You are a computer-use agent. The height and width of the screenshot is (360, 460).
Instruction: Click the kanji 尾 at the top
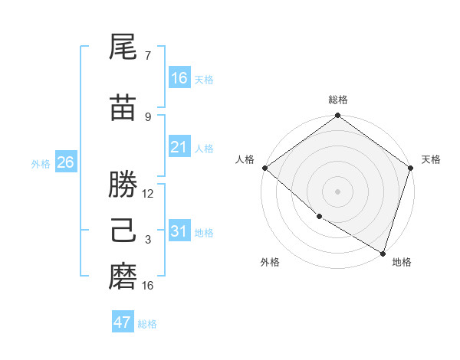[x=123, y=49]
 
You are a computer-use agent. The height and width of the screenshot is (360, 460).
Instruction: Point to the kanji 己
[x=123, y=231]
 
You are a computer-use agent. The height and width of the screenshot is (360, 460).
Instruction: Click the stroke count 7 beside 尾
[x=148, y=56]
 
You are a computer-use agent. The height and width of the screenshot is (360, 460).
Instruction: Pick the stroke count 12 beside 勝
[x=149, y=193]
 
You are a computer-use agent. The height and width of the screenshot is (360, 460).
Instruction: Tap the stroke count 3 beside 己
[x=148, y=240]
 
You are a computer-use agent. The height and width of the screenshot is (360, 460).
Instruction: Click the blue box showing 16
[x=179, y=78]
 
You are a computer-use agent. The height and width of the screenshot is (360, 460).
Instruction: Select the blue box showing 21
[x=179, y=147]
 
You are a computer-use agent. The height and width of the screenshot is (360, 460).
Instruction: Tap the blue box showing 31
[x=179, y=231]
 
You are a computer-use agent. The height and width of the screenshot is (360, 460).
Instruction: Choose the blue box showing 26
[x=65, y=162]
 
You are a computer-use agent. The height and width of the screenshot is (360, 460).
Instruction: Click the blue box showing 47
[x=123, y=322]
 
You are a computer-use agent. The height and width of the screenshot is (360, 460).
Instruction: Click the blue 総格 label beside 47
[x=147, y=324]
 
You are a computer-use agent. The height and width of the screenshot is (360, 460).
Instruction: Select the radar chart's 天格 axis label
[x=431, y=159]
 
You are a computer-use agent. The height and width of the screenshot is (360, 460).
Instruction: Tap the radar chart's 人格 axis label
[x=245, y=159]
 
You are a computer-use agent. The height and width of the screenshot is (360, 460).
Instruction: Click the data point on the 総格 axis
[x=337, y=116]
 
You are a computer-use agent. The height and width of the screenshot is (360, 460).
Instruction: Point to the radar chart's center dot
[x=337, y=191]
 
